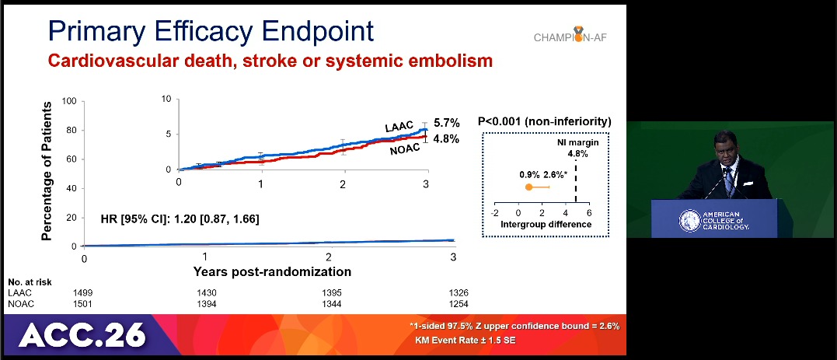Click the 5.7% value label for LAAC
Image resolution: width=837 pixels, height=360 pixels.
[x=446, y=123]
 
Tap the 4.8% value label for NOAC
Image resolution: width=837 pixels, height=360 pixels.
[x=446, y=139]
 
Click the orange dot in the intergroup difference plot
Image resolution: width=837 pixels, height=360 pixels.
[x=528, y=187]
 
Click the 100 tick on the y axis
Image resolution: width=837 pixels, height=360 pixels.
[x=68, y=101]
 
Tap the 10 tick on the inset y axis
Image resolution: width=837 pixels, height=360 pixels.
[x=166, y=99]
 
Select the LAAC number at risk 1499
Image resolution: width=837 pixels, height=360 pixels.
[x=82, y=292]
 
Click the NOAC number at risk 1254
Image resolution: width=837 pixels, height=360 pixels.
[x=458, y=303]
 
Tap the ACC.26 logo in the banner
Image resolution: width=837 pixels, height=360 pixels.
[x=82, y=334]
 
